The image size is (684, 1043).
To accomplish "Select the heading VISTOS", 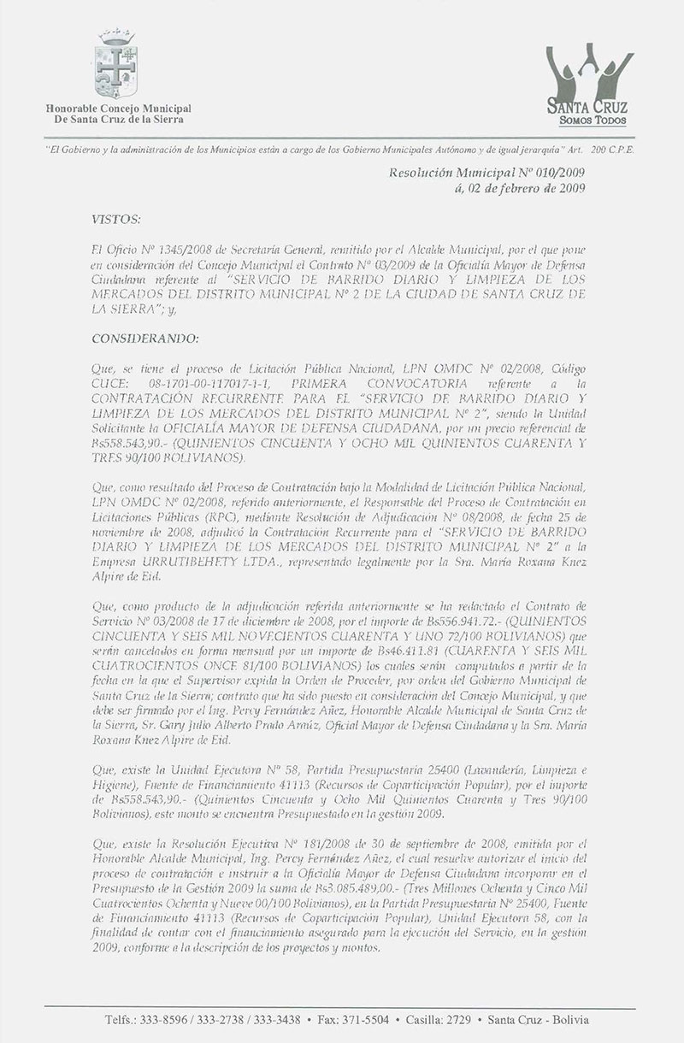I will [115, 221].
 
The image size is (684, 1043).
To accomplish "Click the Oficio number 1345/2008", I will [174, 247].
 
